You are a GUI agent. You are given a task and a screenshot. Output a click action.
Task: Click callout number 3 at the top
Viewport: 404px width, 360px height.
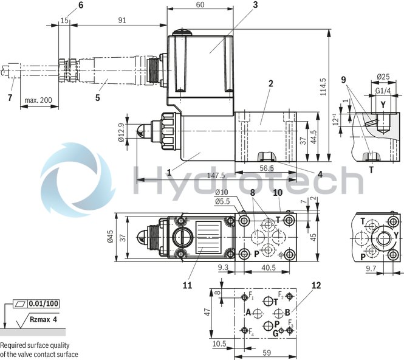pyautogui.click(x=239, y=5)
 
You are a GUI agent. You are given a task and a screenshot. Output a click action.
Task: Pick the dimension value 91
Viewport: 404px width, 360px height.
pyautogui.click(x=122, y=20)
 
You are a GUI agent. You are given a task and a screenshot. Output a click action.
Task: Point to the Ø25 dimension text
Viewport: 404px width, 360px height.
pyautogui.click(x=383, y=77)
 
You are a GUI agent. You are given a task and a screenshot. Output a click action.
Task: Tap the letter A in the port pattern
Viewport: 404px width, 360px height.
pyautogui.click(x=248, y=313)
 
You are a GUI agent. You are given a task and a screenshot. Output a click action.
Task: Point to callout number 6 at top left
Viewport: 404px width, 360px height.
pyautogui.click(x=81, y=5)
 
